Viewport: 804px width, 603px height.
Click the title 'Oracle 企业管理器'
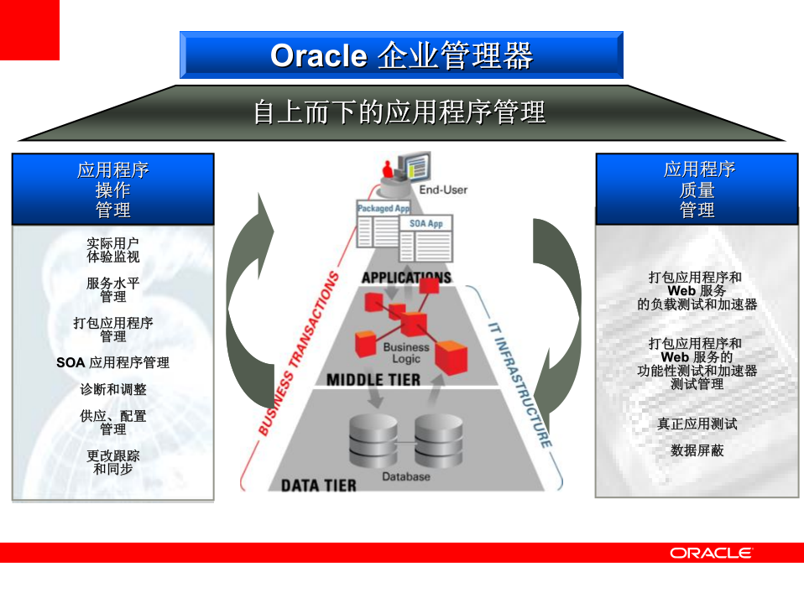coord(401,55)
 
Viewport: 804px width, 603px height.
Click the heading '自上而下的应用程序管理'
coord(399,112)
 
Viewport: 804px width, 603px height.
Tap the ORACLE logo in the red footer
coord(711,553)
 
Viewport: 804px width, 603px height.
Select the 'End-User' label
coord(443,190)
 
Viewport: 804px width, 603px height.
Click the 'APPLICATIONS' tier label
coord(406,278)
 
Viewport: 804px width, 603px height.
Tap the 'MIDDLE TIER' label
coord(373,380)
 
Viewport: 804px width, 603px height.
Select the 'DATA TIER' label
coord(318,485)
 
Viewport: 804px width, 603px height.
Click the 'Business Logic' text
coord(406,353)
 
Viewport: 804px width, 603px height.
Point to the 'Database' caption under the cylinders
coord(406,476)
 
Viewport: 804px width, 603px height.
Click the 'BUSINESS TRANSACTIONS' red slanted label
coord(298,354)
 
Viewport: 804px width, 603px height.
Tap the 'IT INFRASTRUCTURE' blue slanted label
coord(520,382)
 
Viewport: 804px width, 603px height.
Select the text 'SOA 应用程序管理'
coord(112,363)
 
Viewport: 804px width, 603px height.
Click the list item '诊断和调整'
coord(112,390)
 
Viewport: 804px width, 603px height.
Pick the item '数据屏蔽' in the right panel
coord(697,450)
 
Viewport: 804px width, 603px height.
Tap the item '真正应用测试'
coord(697,424)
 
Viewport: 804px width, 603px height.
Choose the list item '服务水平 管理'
coord(112,289)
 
